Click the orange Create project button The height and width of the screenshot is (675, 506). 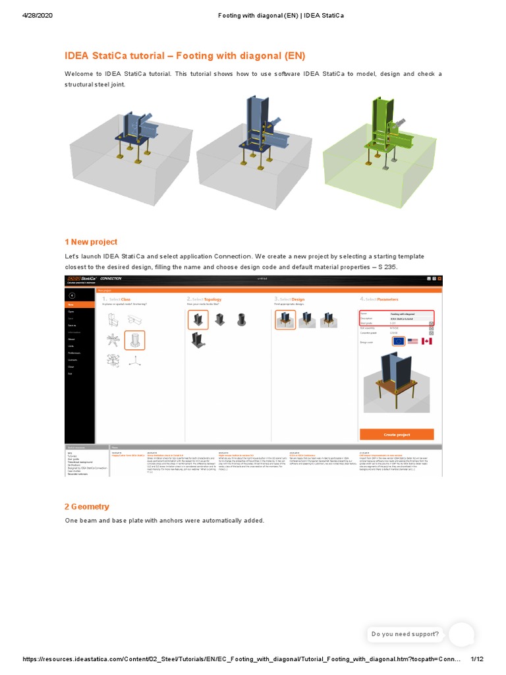point(397,435)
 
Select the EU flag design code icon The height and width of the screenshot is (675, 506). point(397,341)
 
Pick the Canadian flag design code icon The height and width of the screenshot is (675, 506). point(427,341)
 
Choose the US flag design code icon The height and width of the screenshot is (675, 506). point(413,341)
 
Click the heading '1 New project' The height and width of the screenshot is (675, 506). point(91,242)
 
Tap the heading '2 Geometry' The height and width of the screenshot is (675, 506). point(87,506)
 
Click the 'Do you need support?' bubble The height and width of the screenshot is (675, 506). point(405,634)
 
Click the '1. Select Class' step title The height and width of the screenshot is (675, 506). point(117,299)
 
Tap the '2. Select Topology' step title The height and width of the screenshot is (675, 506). point(204,299)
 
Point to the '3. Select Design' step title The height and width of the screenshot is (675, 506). point(290,299)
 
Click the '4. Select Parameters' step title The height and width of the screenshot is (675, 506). point(379,299)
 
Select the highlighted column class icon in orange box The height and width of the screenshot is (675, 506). point(134,341)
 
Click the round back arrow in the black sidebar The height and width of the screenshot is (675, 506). point(72,295)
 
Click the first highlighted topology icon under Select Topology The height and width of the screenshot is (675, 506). point(198,320)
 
